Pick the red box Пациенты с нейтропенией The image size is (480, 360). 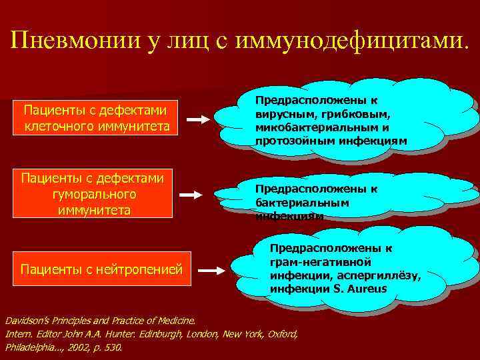(x=101, y=269)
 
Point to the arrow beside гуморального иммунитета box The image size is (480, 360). (x=191, y=195)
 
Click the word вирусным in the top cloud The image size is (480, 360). (x=284, y=114)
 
